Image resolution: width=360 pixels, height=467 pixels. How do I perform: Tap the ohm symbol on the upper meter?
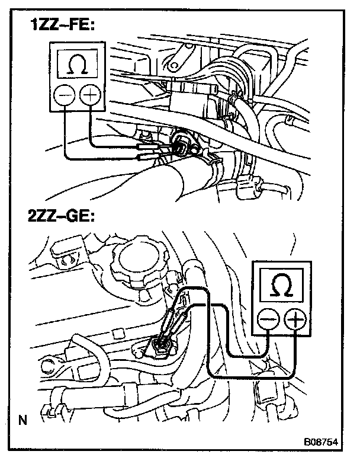click(x=77, y=66)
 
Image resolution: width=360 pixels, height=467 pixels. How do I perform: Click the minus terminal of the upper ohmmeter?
click(x=65, y=95)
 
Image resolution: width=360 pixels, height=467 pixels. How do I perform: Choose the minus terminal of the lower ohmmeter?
click(x=267, y=320)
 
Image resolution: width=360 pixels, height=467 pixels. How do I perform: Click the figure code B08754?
click(x=322, y=442)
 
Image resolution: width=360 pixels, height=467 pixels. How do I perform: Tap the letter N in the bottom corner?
click(x=22, y=421)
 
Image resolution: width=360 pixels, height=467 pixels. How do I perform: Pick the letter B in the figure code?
click(x=307, y=442)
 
